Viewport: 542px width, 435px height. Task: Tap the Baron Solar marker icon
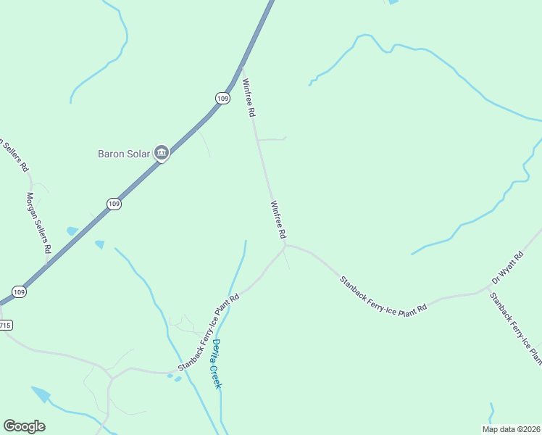162,152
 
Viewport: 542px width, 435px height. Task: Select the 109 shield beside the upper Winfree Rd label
222,98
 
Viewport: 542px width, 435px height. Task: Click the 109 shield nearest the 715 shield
20,291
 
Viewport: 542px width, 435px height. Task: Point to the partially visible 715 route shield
4,325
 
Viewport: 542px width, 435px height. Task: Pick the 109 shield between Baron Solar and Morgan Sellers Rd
114,204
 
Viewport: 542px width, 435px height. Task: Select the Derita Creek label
216,364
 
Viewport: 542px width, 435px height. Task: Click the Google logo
24,426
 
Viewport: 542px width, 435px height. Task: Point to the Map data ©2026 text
511,428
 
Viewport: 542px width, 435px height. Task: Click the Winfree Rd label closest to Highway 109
249,98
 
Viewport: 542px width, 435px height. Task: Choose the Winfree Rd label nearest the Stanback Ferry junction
278,220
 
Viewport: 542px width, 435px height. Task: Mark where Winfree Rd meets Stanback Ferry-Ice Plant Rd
285,245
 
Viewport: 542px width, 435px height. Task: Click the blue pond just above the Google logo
41,394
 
